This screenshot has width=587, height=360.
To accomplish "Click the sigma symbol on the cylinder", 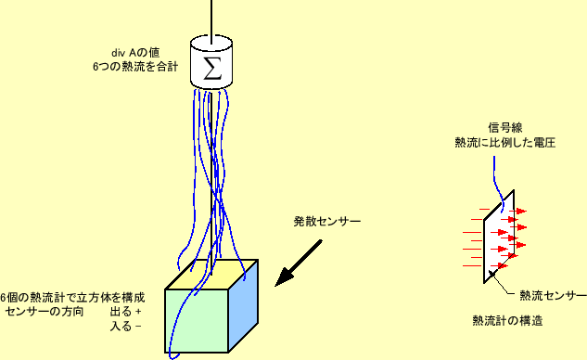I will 211,67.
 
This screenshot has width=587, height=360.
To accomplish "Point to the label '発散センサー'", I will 327,223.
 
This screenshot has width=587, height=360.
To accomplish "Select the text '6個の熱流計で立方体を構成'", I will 72,298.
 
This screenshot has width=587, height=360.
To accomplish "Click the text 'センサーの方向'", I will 45,312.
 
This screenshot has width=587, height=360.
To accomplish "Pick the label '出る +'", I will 126,312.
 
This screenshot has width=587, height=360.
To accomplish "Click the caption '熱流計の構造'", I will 507,321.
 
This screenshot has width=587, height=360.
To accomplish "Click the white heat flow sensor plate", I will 497,237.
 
